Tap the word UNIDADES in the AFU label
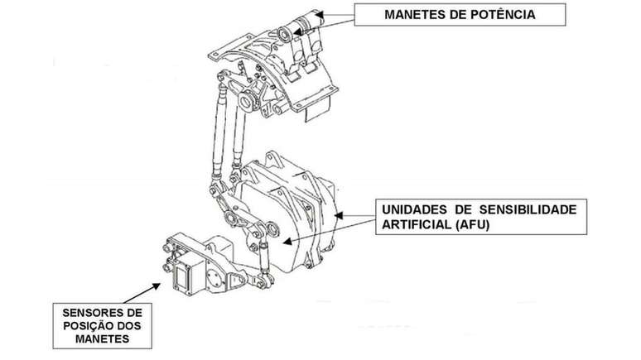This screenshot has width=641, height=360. [x=414, y=209]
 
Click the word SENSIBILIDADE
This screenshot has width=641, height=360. [x=528, y=209]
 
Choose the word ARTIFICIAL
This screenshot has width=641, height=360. [x=415, y=225]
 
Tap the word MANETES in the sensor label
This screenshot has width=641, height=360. [x=102, y=339]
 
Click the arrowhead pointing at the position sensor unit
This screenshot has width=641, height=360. [x=157, y=286]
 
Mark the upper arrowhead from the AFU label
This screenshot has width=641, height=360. [x=340, y=215]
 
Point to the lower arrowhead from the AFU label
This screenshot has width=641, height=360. [x=287, y=242]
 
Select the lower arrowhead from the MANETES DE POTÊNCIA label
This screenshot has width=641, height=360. [x=298, y=31]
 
